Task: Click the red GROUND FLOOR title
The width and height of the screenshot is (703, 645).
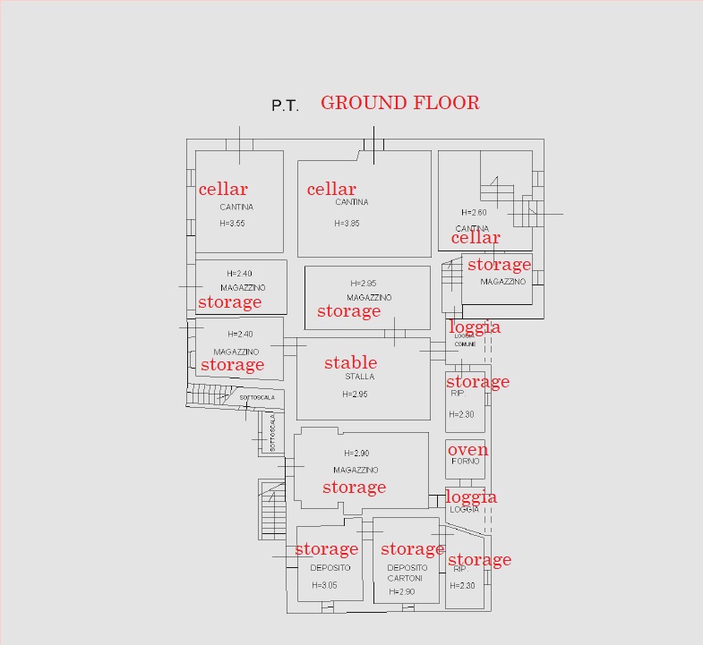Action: (399, 103)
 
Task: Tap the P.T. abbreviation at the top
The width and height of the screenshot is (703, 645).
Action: (285, 106)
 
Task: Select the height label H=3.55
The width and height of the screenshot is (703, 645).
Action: (232, 223)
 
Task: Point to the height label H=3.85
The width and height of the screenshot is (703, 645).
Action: (347, 224)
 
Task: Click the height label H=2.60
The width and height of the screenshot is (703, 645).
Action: (474, 212)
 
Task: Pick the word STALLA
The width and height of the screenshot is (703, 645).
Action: (359, 377)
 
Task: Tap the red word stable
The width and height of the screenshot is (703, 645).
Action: (350, 362)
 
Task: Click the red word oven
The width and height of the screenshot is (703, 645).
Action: (467, 449)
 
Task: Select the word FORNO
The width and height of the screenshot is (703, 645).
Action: (466, 462)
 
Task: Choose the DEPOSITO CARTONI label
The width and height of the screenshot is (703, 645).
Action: (407, 573)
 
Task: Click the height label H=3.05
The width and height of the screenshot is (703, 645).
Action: (324, 585)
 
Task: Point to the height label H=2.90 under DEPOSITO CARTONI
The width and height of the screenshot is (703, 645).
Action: (402, 591)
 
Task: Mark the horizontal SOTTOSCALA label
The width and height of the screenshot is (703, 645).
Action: (254, 397)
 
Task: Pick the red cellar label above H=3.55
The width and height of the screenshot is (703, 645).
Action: (223, 189)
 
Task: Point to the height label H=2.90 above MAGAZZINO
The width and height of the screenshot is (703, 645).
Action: (356, 454)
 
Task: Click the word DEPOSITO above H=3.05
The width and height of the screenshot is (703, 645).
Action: (330, 568)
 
